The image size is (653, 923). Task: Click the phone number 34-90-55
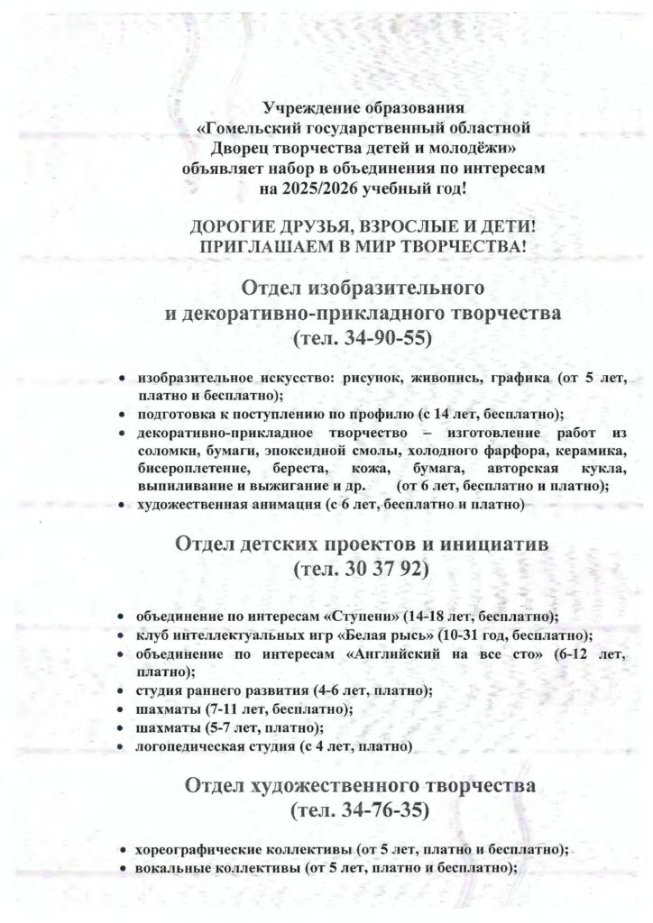click(x=373, y=339)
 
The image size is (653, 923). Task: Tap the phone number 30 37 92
click(x=373, y=571)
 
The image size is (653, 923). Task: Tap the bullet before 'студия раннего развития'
click(x=122, y=691)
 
